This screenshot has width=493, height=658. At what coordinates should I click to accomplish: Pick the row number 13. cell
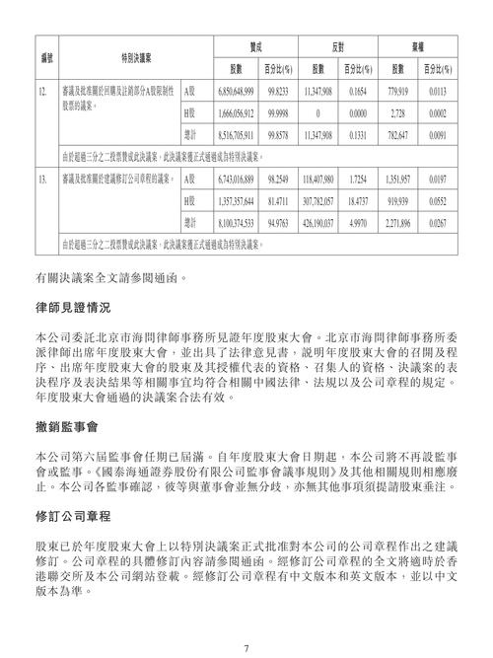pyautogui.click(x=43, y=182)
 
